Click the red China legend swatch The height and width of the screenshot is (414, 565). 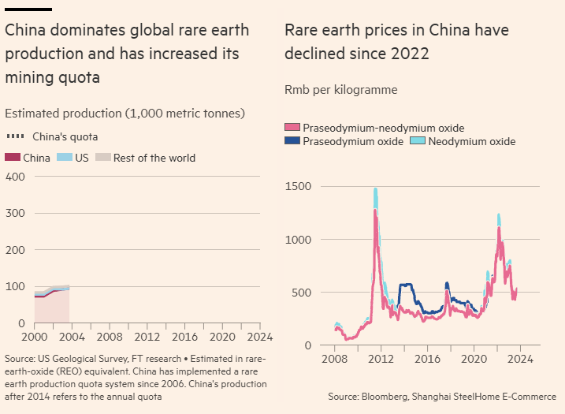pyautogui.click(x=13, y=158)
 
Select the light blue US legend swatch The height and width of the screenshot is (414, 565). pyautogui.click(x=65, y=158)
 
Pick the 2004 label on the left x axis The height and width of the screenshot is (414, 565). pyautogui.click(x=70, y=336)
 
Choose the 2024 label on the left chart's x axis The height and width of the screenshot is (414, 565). pyautogui.click(x=259, y=336)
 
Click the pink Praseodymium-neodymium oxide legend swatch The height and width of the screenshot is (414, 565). pyautogui.click(x=292, y=128)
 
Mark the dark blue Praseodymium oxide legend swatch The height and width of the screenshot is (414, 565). pyautogui.click(x=292, y=141)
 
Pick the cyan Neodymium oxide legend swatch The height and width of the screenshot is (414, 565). pyautogui.click(x=418, y=141)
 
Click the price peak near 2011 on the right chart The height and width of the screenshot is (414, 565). pyautogui.click(x=375, y=189)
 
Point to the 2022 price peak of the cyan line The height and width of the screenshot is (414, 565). pyautogui.click(x=499, y=214)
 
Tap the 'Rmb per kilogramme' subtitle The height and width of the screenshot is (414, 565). pyautogui.click(x=340, y=90)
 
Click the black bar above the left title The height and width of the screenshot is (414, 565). pyautogui.click(x=28, y=9)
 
